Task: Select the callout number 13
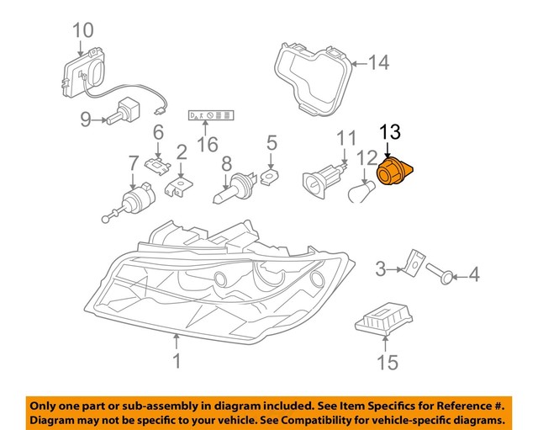[391, 132]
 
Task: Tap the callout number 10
[82, 31]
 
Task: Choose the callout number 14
[379, 61]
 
